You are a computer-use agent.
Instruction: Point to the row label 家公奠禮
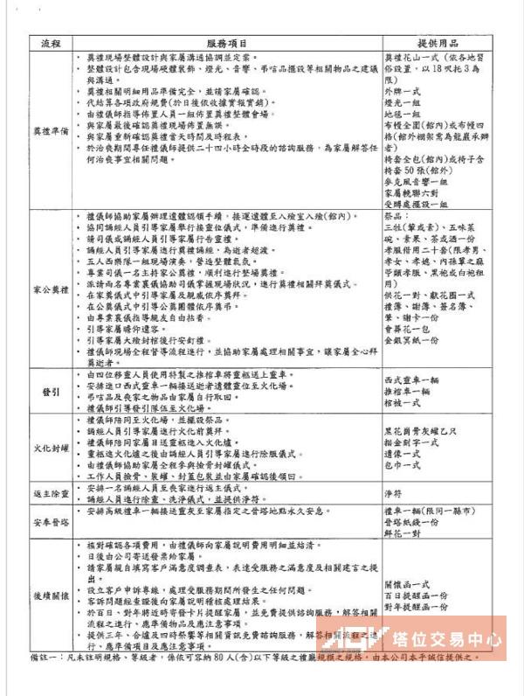click(48, 286)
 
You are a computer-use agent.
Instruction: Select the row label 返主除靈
click(48, 493)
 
